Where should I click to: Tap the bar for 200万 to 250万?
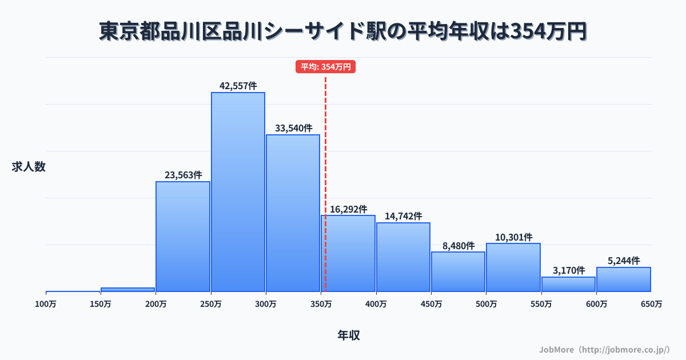click(x=183, y=237)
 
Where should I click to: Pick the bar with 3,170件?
click(x=568, y=285)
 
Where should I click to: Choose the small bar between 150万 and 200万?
click(x=128, y=290)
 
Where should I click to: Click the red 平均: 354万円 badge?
click(x=326, y=67)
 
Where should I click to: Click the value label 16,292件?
click(x=349, y=210)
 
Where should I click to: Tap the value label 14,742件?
click(x=404, y=217)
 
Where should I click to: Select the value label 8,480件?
click(x=458, y=246)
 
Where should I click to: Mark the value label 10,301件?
click(x=513, y=237)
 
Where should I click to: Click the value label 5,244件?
click(x=624, y=261)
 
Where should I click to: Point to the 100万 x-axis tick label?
click(x=46, y=305)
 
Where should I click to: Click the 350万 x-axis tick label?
click(x=321, y=305)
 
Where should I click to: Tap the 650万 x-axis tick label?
click(x=651, y=305)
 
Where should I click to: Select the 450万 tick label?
click(x=431, y=305)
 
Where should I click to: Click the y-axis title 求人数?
click(x=29, y=167)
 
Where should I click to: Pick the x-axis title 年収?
click(x=349, y=335)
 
